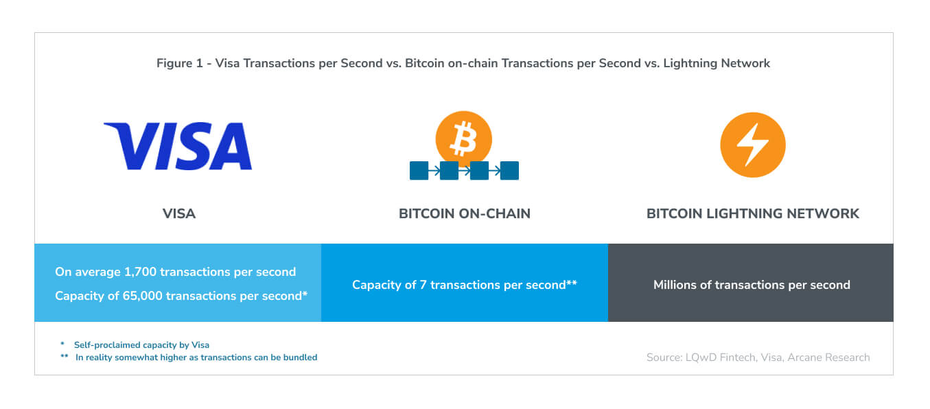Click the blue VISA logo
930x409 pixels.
[x=178, y=145]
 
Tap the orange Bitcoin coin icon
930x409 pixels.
[x=464, y=139]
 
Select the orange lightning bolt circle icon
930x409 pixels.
[x=753, y=145]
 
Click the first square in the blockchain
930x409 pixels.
[x=419, y=171]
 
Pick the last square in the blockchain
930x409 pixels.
[x=509, y=171]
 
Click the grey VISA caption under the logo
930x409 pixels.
[x=179, y=213]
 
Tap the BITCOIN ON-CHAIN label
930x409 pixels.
[x=465, y=213]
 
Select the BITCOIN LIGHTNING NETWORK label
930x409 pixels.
[x=753, y=213]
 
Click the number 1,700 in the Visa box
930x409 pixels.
[x=140, y=272]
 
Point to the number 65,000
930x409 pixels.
[x=142, y=296]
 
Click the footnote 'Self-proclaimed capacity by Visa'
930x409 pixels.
[x=141, y=345]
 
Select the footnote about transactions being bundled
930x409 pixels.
[x=196, y=358]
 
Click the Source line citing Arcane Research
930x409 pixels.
[x=758, y=358]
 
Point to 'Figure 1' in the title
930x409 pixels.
[x=180, y=63]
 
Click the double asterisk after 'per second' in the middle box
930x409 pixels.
[x=572, y=283]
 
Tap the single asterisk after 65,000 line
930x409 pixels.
[x=305, y=294]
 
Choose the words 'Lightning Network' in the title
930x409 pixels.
[x=717, y=63]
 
